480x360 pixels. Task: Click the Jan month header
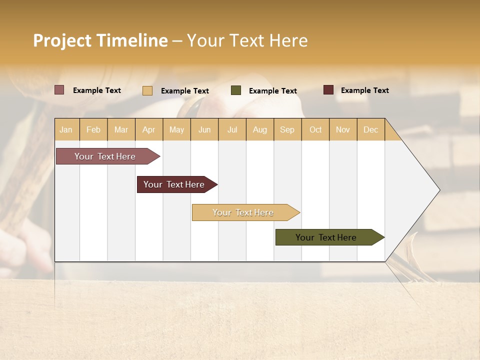click(x=66, y=130)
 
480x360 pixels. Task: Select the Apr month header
click(x=149, y=130)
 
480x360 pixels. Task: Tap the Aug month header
click(x=259, y=130)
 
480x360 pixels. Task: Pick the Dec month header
click(x=370, y=130)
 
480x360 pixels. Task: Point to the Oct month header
click(x=315, y=130)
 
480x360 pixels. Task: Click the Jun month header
click(x=204, y=130)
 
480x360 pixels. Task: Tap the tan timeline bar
click(x=243, y=212)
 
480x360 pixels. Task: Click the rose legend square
click(x=59, y=90)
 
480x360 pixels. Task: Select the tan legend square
click(x=147, y=90)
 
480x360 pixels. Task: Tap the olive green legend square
click(x=236, y=90)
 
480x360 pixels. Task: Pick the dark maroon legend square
click(x=328, y=90)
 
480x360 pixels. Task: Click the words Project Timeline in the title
click(x=100, y=40)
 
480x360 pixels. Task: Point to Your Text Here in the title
click(x=247, y=40)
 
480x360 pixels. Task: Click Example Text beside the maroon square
click(x=364, y=90)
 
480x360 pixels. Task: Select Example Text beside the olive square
click(x=272, y=91)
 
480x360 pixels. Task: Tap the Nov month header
click(x=342, y=130)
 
